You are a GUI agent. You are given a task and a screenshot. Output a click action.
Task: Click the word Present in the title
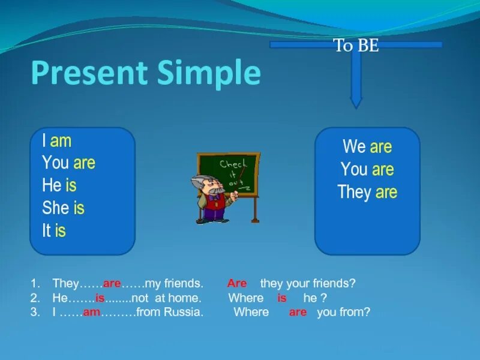[x=89, y=72]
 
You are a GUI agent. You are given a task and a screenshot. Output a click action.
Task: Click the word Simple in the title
[x=209, y=74]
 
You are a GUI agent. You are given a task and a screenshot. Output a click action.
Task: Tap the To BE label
[x=356, y=46]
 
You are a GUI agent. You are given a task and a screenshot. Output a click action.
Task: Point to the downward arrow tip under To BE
[x=356, y=108]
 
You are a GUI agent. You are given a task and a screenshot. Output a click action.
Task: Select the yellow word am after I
[x=61, y=141]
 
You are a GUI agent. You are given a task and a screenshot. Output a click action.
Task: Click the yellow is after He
[x=71, y=185]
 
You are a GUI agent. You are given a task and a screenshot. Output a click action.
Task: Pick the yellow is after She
[x=79, y=208]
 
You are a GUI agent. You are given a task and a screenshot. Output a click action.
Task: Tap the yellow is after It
[x=61, y=230]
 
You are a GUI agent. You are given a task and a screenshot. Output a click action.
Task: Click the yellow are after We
[x=381, y=147]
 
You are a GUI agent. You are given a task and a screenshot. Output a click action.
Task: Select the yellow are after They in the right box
[x=386, y=193]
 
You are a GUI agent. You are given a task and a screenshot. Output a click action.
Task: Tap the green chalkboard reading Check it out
[x=229, y=175]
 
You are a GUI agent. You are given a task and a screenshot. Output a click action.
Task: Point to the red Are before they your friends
[x=237, y=283]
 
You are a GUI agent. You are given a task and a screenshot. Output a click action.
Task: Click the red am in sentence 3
[x=92, y=312]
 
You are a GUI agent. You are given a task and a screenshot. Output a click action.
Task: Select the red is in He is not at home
[x=100, y=298]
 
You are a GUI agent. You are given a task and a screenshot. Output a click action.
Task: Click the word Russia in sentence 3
[x=183, y=312]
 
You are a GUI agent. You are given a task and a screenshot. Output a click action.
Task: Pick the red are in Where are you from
[x=298, y=312]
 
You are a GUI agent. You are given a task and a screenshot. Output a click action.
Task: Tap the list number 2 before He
[x=34, y=298]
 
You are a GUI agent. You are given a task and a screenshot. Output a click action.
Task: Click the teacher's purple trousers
[x=214, y=214]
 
